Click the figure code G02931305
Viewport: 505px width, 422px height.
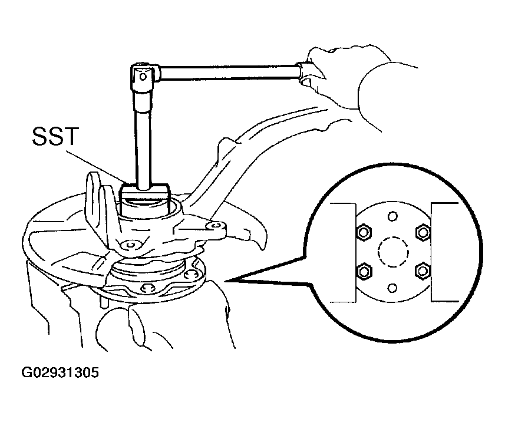(60, 372)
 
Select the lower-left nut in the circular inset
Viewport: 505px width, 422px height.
(364, 271)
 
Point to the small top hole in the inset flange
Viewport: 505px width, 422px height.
(392, 216)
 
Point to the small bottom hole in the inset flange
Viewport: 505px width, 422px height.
(392, 288)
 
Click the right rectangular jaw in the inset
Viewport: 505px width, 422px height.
(444, 252)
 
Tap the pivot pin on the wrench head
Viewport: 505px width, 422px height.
(143, 77)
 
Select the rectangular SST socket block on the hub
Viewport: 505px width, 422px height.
(144, 199)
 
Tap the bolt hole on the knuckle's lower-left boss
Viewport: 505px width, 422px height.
(130, 245)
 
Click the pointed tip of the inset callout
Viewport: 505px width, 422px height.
(226, 281)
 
